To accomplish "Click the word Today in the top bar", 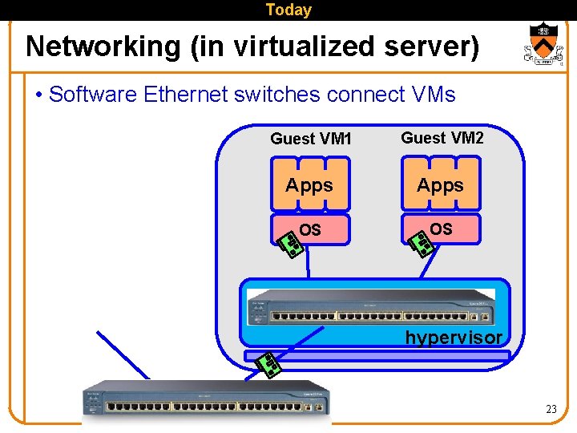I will coord(288,10).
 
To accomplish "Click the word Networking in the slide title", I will coord(103,47).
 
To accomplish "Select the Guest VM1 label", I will coord(310,139).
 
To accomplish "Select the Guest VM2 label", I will coord(442,138).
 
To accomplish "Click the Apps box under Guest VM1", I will coord(309,185).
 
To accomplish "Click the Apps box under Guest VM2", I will coord(440,185).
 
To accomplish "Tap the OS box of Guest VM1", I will coord(310,230).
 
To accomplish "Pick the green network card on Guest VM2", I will coord(422,243).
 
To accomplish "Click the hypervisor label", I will coord(453,338).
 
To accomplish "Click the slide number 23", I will coord(551,409).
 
